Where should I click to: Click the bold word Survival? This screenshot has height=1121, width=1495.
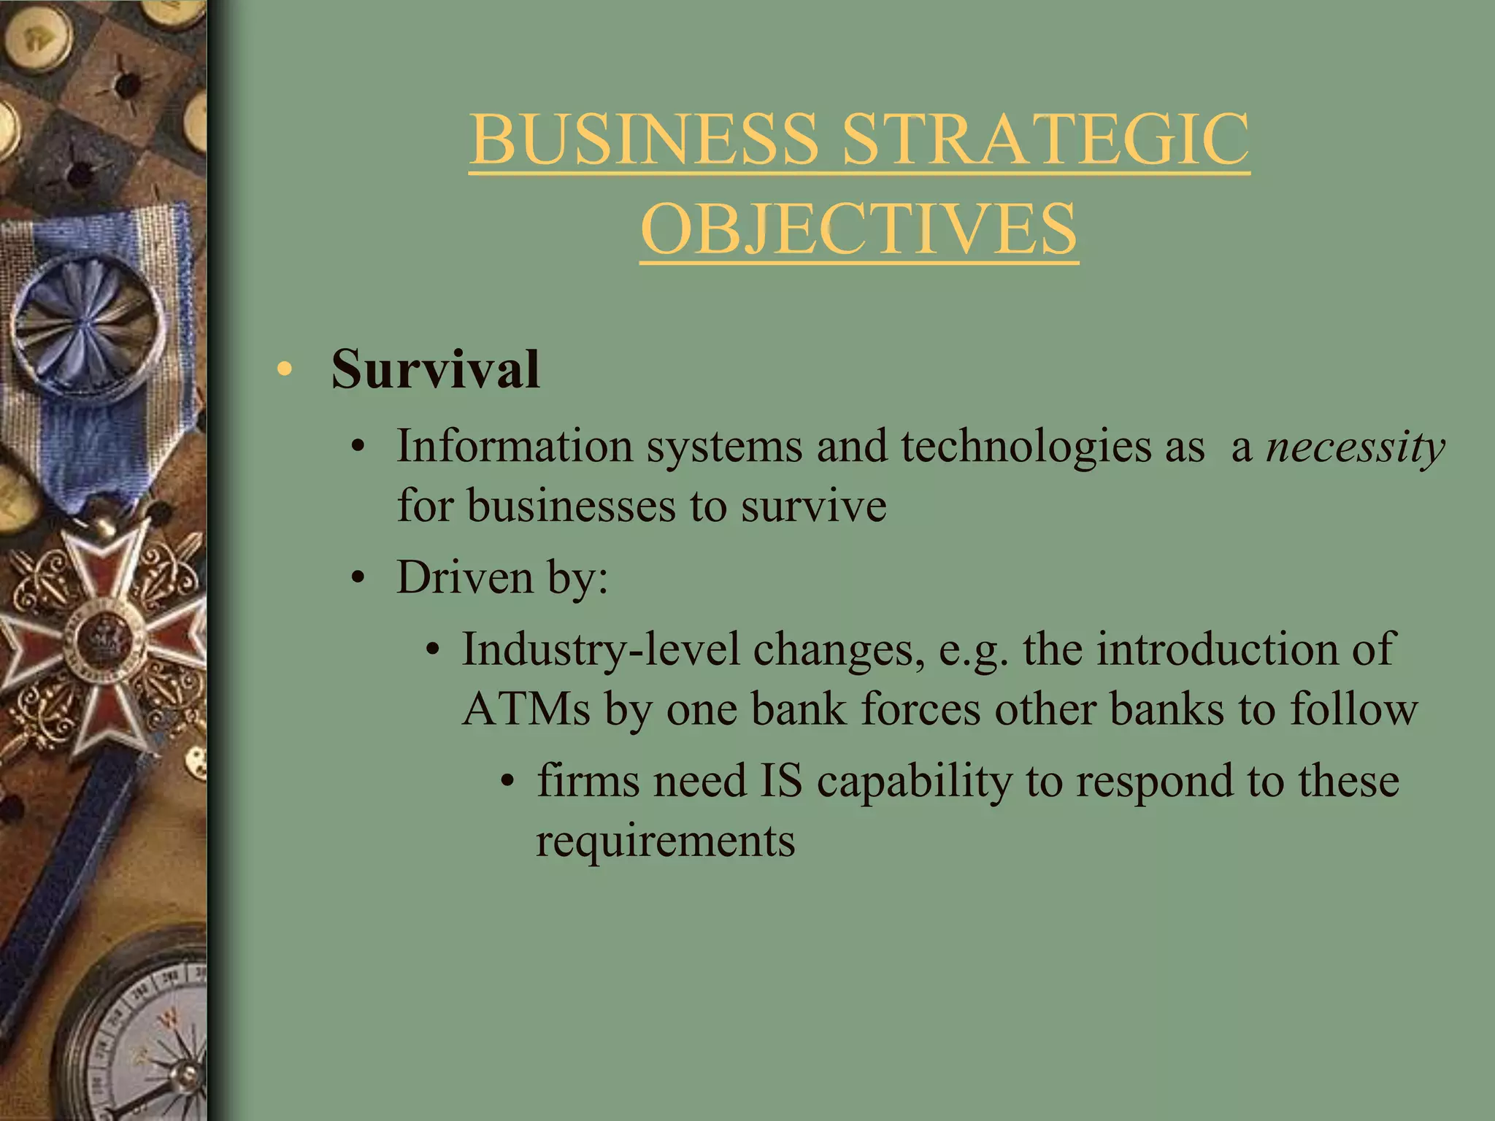pos(435,369)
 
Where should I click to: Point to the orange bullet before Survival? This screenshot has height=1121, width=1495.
pos(284,369)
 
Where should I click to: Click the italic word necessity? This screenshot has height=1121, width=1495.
pos(1355,447)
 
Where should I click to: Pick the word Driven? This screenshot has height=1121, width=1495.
pos(464,577)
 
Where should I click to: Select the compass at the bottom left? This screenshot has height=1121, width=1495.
pos(139,1036)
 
